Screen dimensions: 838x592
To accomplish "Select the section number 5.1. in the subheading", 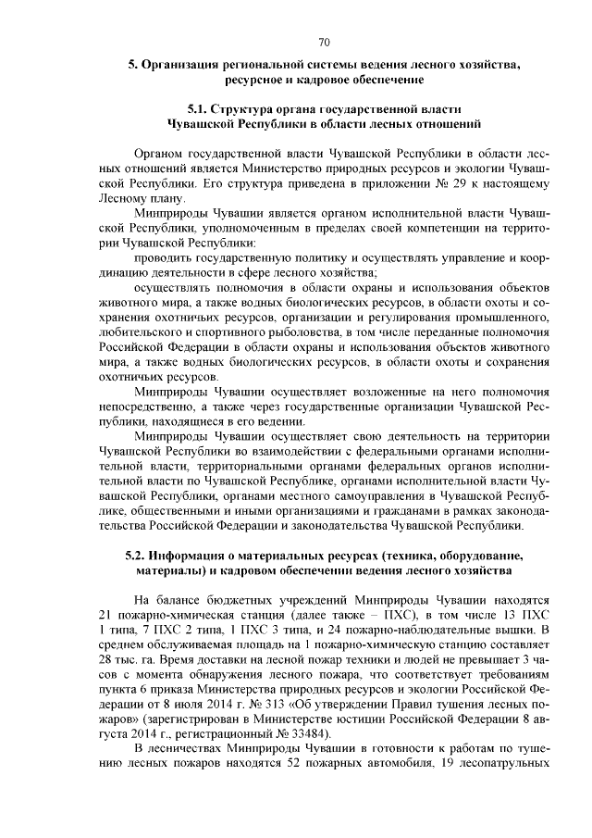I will [198, 109].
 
